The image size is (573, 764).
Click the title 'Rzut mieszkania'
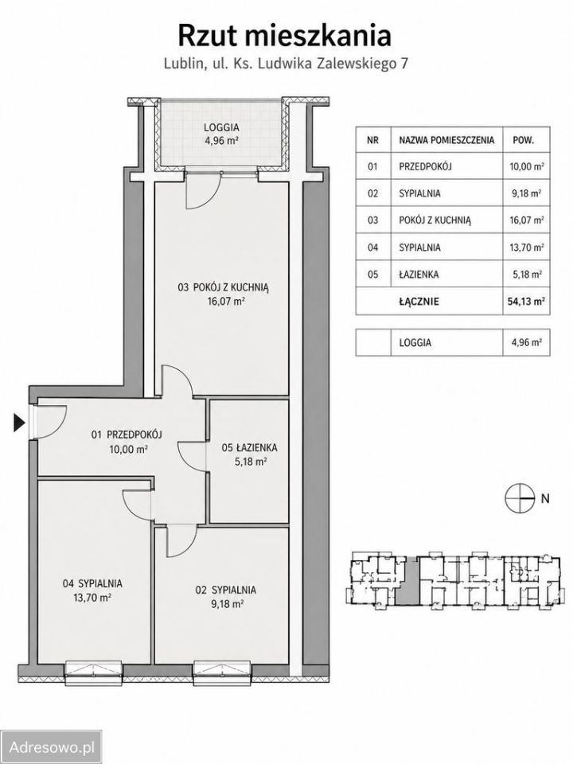click(284, 36)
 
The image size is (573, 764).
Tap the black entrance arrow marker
click(18, 423)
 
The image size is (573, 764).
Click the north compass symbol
click(517, 498)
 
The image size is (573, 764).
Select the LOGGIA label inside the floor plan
click(221, 127)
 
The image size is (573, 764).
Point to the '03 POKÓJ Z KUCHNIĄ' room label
click(223, 287)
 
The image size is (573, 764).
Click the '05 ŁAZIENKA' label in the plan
click(249, 446)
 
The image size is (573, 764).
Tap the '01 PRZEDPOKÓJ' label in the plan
click(127, 435)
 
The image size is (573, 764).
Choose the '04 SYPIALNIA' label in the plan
click(92, 583)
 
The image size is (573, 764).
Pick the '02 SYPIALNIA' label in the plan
click(225, 590)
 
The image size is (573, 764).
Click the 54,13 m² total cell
click(526, 301)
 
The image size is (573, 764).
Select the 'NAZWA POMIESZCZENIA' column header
click(446, 141)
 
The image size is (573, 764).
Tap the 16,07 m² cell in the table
click(526, 220)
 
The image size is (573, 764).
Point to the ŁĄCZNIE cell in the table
click(419, 302)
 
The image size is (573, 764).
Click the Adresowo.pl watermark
click(52, 747)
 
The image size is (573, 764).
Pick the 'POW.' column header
click(524, 141)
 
